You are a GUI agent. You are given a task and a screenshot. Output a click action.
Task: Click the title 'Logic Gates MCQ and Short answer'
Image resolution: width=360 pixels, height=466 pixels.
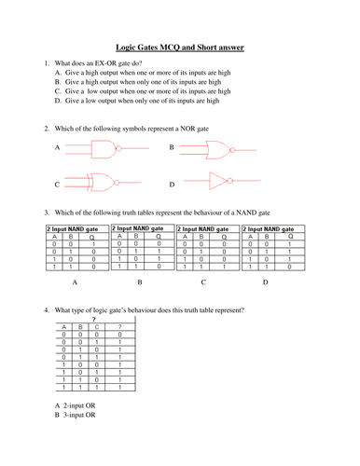[180, 44]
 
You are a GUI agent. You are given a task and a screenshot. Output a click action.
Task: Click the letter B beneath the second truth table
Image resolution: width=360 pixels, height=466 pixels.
[140, 281]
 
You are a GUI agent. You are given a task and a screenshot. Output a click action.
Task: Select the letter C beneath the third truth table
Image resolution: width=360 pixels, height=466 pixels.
[203, 281]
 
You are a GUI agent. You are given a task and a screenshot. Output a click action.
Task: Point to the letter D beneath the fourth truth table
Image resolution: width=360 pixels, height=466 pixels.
[265, 281]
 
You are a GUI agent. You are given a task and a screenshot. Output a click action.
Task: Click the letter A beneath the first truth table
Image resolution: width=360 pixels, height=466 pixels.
[75, 281]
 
